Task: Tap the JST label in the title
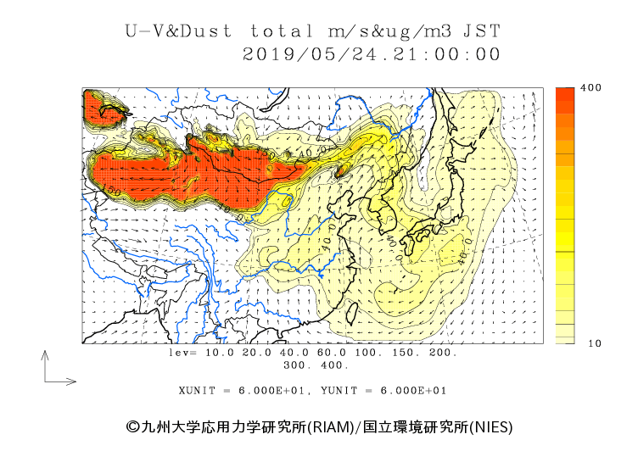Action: click(x=482, y=31)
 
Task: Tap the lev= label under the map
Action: click(x=183, y=352)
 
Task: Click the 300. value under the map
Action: click(x=298, y=365)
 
